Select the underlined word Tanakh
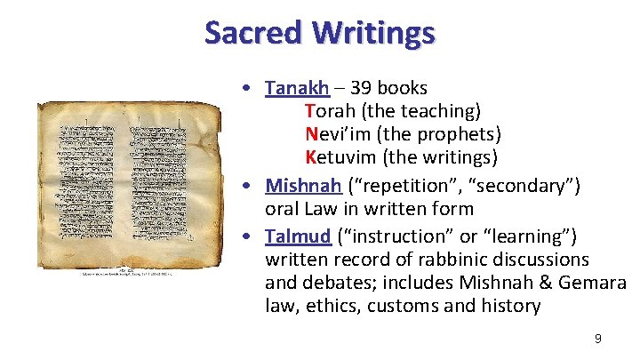[x=297, y=88]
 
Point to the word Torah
[x=330, y=111]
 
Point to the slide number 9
[x=598, y=338]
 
